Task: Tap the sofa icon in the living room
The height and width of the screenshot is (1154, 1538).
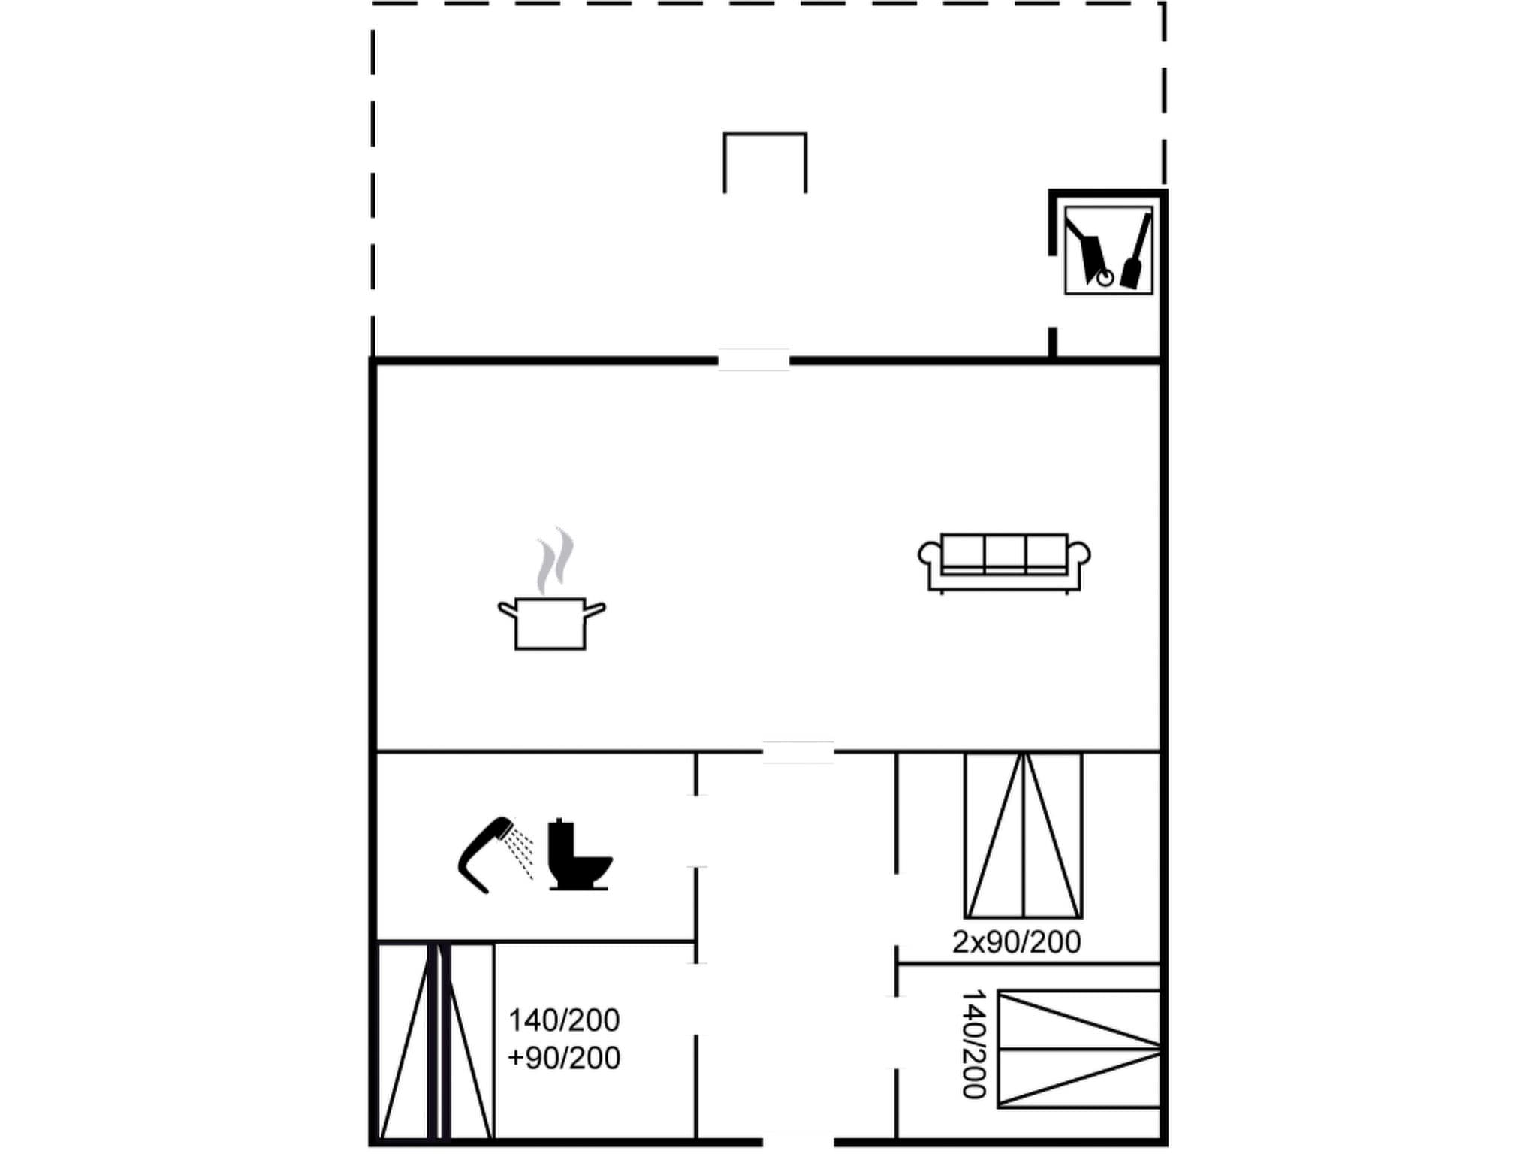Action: coord(1004,563)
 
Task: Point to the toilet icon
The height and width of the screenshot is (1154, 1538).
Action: coord(578,855)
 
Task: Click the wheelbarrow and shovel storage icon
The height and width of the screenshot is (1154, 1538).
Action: coord(1108,250)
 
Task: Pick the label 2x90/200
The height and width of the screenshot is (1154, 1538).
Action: coord(1016,942)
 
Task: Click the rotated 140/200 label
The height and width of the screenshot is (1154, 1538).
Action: coord(974,1044)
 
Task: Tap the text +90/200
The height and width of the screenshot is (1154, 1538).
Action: coord(564,1058)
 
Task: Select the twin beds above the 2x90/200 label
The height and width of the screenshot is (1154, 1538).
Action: coord(1023,835)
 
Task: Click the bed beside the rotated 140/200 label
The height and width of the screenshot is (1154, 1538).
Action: coord(1078,1049)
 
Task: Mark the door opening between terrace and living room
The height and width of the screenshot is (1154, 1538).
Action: coord(753,360)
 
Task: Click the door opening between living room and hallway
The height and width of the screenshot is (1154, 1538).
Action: coord(798,751)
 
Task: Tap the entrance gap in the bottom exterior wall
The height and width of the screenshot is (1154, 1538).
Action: coord(798,1142)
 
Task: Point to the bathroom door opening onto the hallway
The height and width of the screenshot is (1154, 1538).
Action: coord(696,831)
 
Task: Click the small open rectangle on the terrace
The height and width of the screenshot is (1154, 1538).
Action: coord(764,162)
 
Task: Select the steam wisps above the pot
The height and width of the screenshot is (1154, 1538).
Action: coord(555,560)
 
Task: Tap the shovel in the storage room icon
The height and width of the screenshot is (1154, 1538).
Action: coord(1135,252)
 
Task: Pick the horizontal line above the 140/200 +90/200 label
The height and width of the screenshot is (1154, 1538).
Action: coord(593,941)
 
